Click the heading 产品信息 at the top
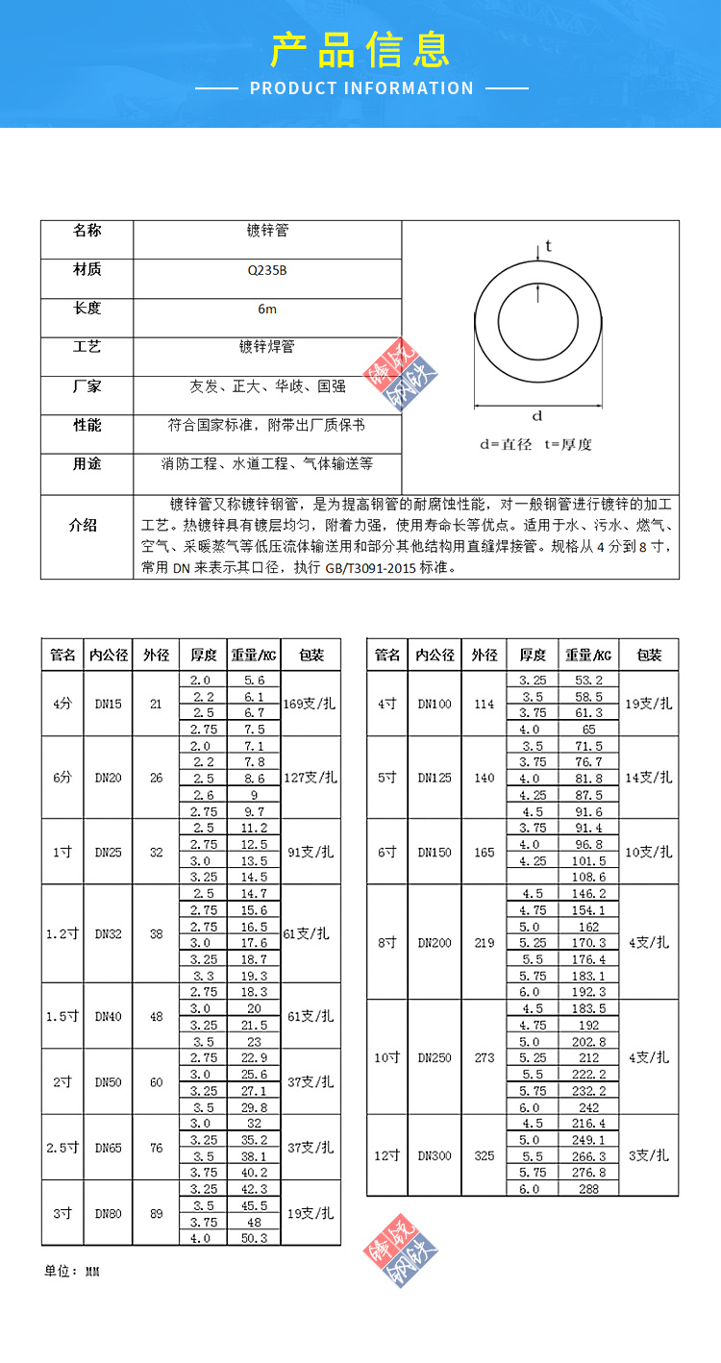[360, 49]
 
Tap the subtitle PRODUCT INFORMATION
[361, 88]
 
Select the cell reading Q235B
[266, 271]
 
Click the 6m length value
[266, 310]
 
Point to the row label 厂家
[87, 386]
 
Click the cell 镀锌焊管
[266, 347]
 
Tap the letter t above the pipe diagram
[548, 246]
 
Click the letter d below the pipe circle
[537, 416]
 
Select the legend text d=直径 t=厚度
[536, 444]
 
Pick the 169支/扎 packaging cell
[311, 704]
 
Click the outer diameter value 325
[485, 1155]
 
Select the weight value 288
[588, 1189]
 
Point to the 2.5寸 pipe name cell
[62, 1148]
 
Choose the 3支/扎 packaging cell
[650, 1155]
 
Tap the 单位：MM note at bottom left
[72, 1272]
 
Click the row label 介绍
[87, 526]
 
